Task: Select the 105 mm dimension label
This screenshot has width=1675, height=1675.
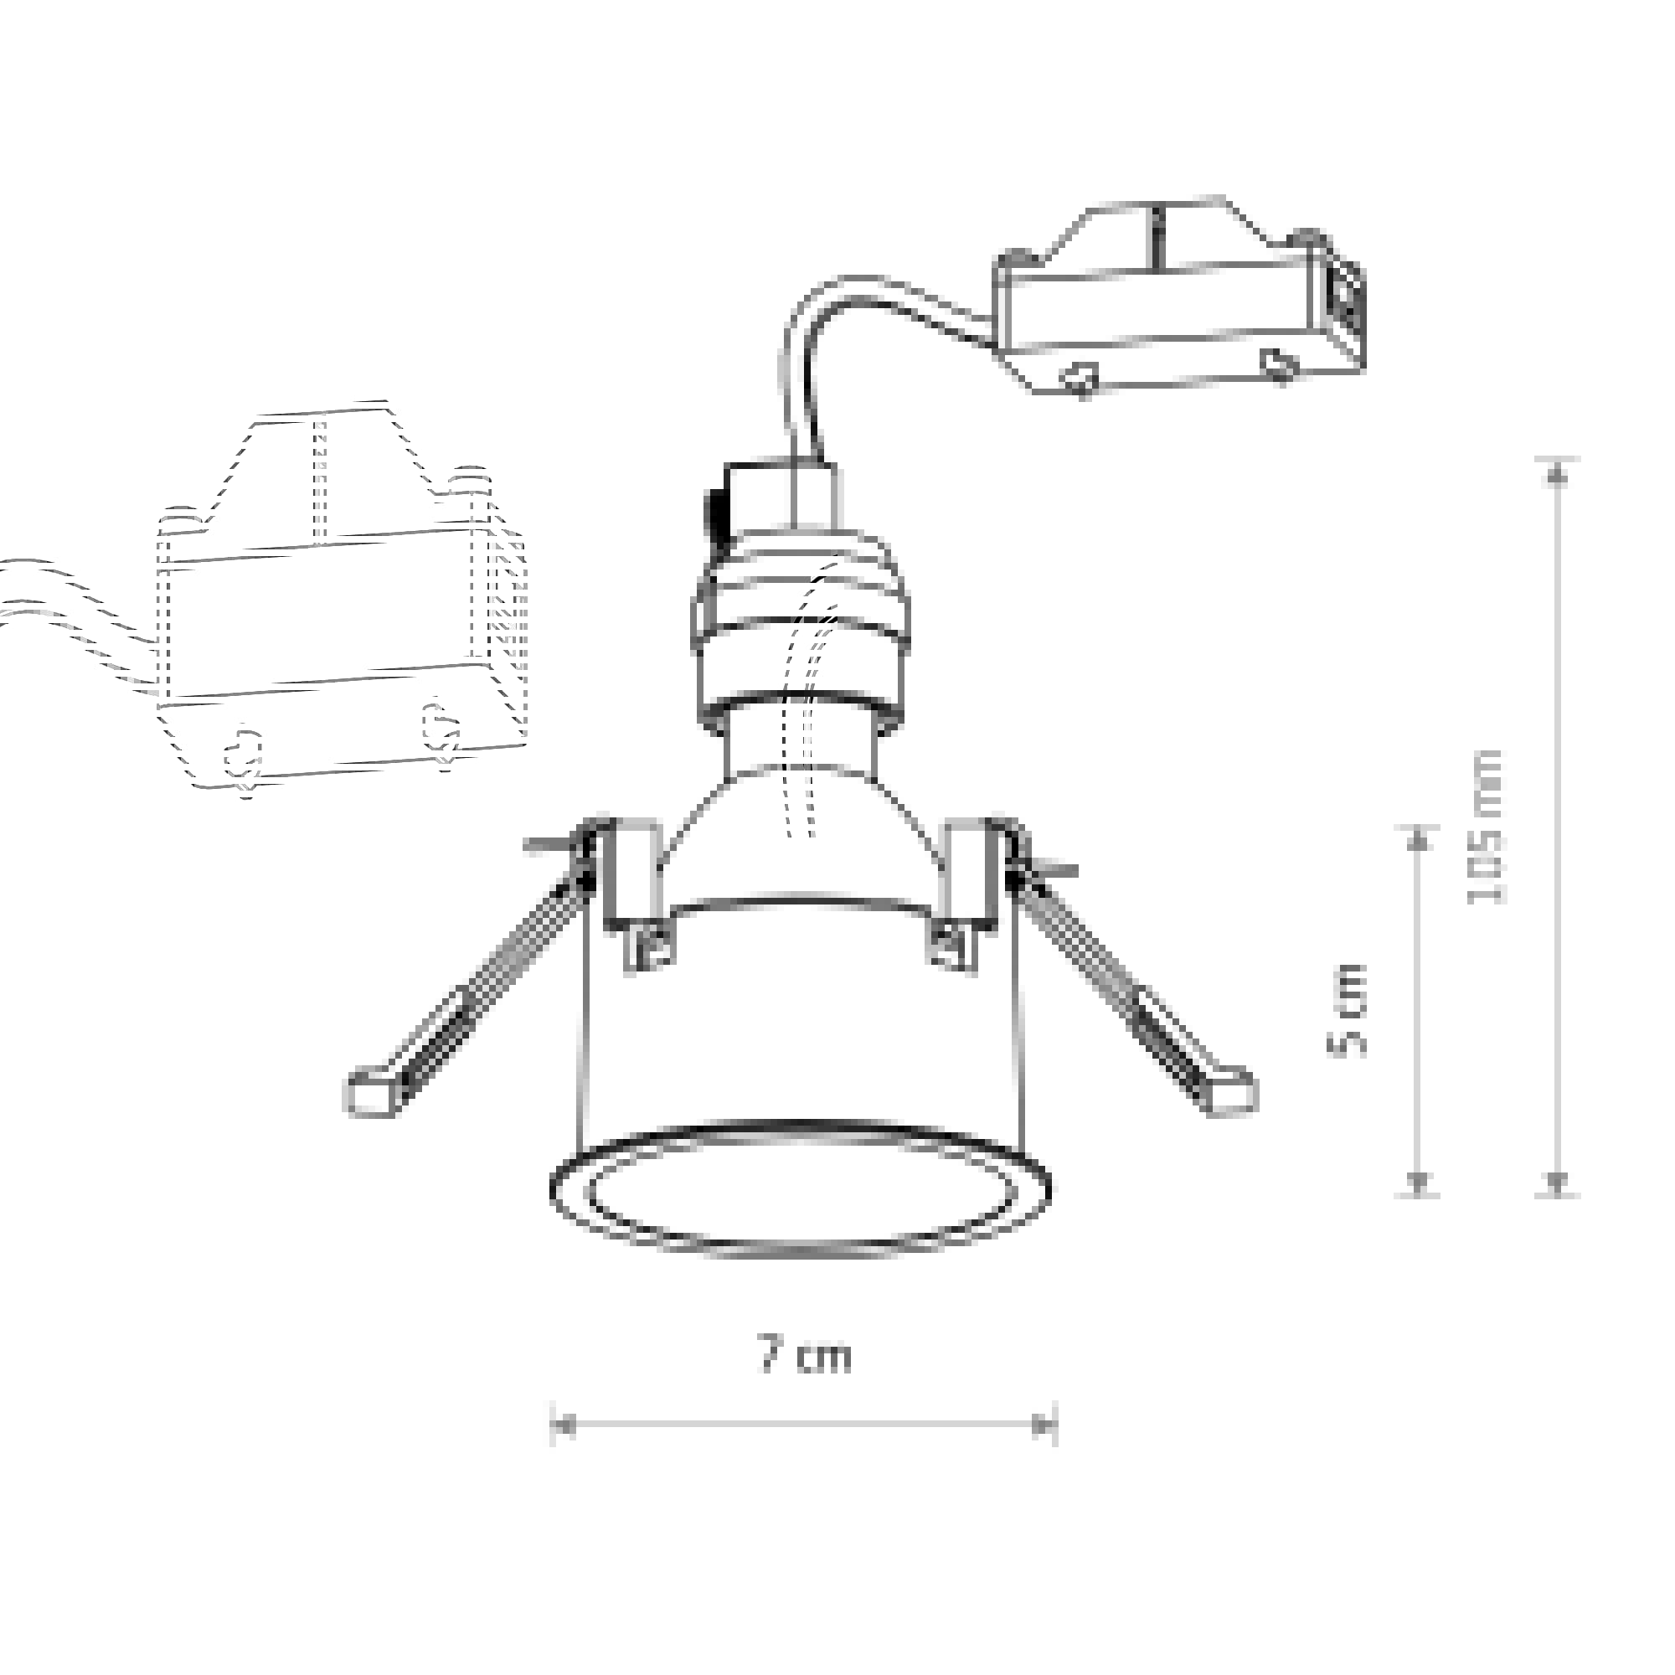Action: click(x=1486, y=827)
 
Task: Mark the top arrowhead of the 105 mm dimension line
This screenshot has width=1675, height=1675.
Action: click(x=1558, y=473)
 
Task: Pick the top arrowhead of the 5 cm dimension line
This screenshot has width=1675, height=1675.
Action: click(x=1417, y=841)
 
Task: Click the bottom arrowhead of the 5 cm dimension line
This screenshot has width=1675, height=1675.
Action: click(x=1417, y=1181)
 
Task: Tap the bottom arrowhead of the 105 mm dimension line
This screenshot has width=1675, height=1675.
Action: click(x=1558, y=1181)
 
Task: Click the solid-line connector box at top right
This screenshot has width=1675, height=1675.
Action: click(x=1179, y=295)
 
